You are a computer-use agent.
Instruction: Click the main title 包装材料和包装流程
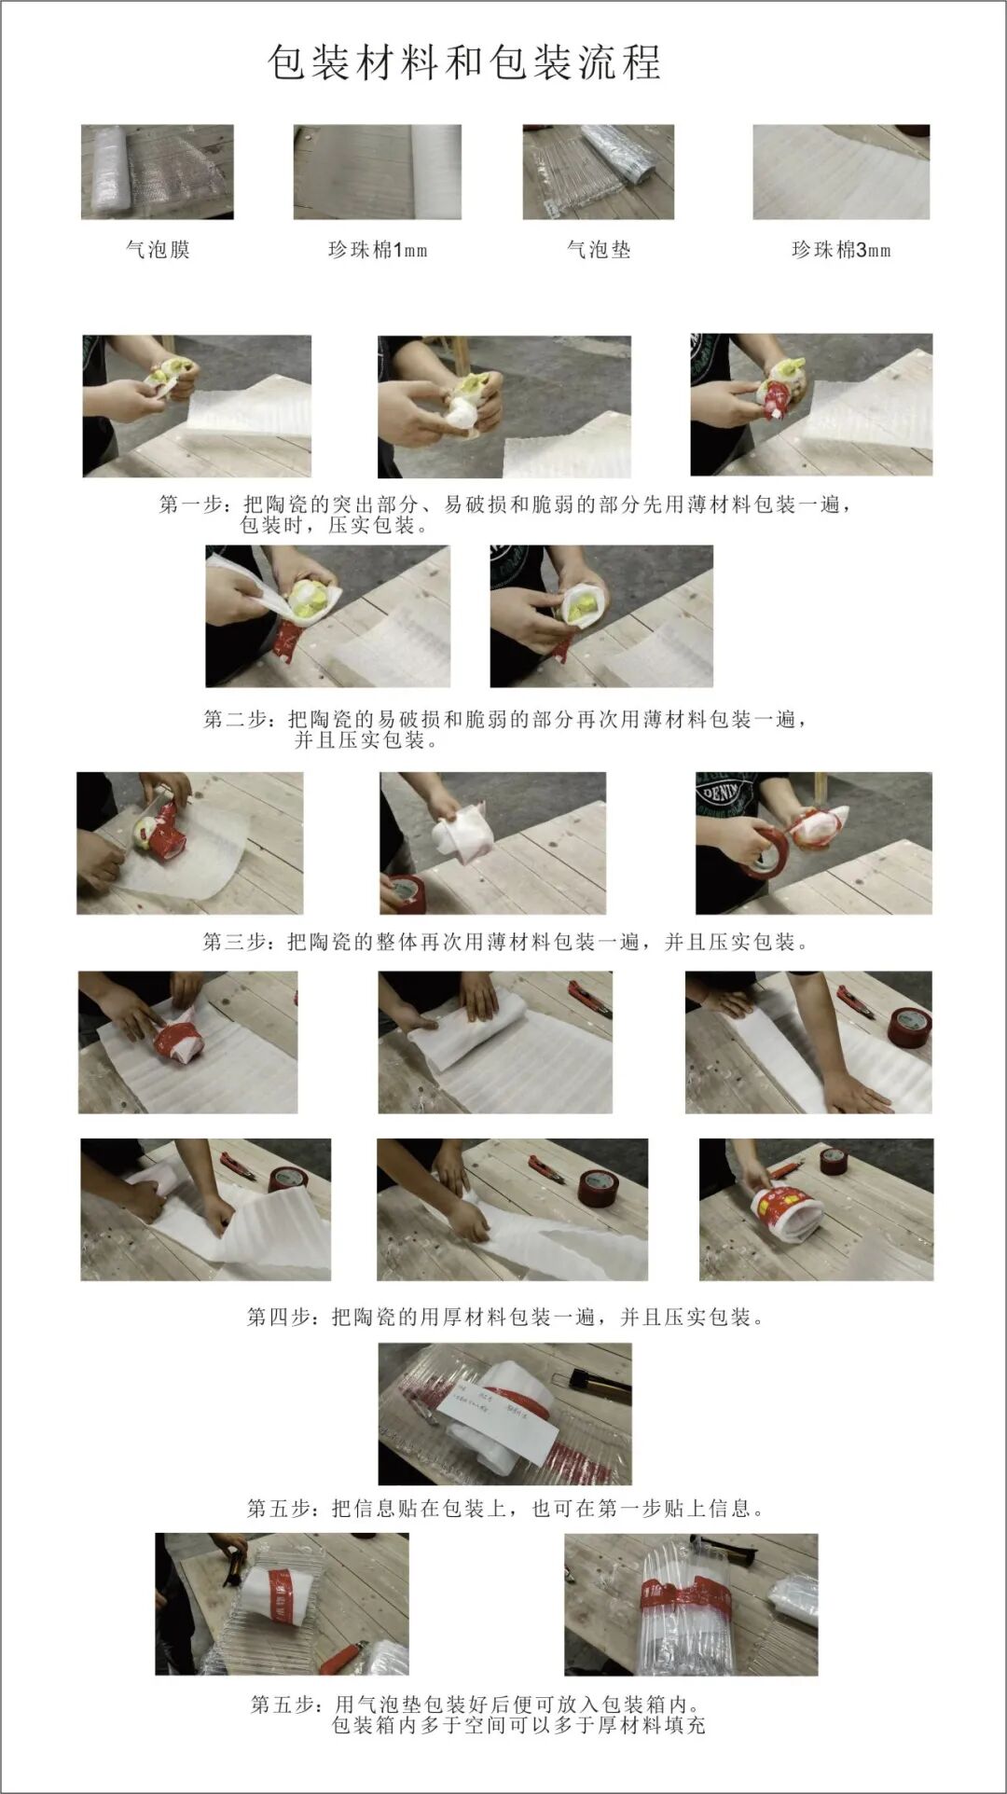coord(464,63)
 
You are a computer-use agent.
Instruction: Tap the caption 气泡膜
coord(158,250)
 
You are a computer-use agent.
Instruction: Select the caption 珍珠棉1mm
coord(377,250)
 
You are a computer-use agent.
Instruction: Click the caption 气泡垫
coord(599,250)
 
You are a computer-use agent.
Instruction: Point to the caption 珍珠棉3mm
coord(840,250)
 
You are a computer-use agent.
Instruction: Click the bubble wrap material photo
coord(157,172)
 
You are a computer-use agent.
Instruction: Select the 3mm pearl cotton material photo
coord(840,172)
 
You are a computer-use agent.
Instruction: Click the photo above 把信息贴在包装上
coord(504,1414)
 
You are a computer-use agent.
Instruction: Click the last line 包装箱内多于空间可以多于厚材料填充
coord(518,1725)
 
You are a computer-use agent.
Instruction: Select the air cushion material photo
coord(598,172)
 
